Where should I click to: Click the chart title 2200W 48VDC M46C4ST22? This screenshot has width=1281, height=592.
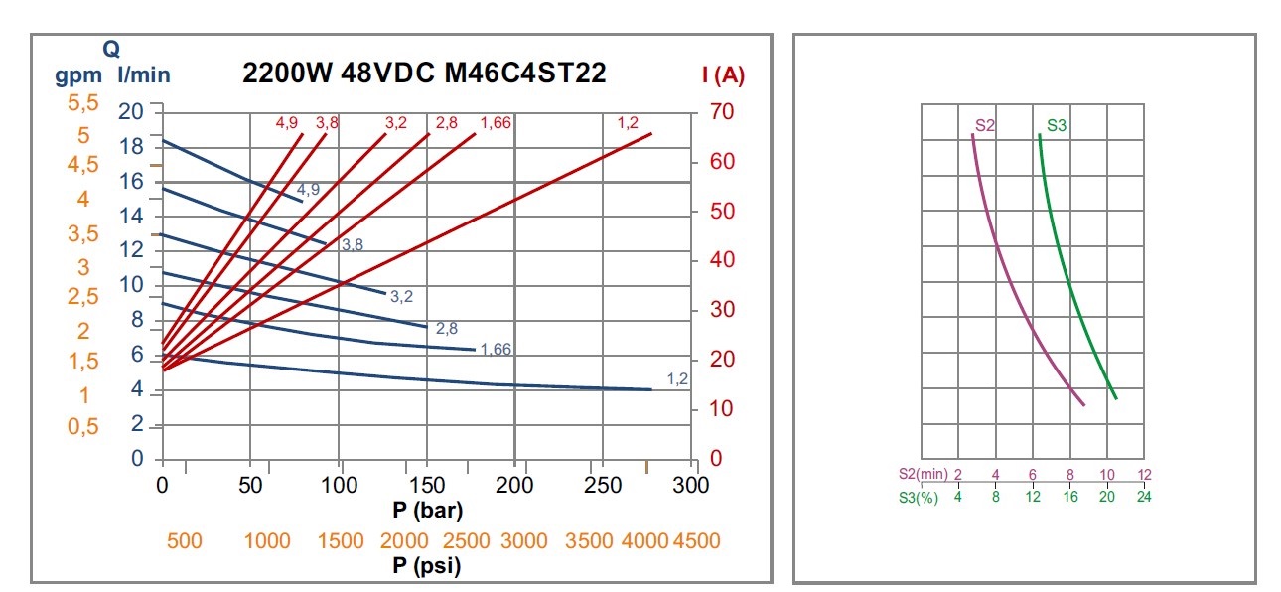point(425,74)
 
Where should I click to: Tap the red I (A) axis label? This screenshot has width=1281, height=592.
point(723,74)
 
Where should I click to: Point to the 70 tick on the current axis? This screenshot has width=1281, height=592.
point(722,111)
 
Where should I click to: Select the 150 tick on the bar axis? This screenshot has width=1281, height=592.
point(428,486)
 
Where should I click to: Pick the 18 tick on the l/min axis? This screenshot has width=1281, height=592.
point(131,146)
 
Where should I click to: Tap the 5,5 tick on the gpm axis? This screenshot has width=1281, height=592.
point(84,103)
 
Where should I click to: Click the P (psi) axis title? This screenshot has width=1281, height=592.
point(427,565)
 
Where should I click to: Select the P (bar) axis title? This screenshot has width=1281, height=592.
point(428,511)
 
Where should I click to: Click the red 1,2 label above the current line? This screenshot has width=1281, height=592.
point(628,123)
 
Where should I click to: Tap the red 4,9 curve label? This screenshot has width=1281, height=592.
point(287,123)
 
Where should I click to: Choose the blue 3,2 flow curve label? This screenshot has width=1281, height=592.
point(401,296)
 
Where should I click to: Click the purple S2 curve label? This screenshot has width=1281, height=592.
point(985,126)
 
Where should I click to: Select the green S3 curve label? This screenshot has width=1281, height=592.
point(1057,126)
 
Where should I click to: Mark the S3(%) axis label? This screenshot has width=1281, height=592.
point(918,497)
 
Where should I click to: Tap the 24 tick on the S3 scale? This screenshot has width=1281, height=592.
point(1144,497)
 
